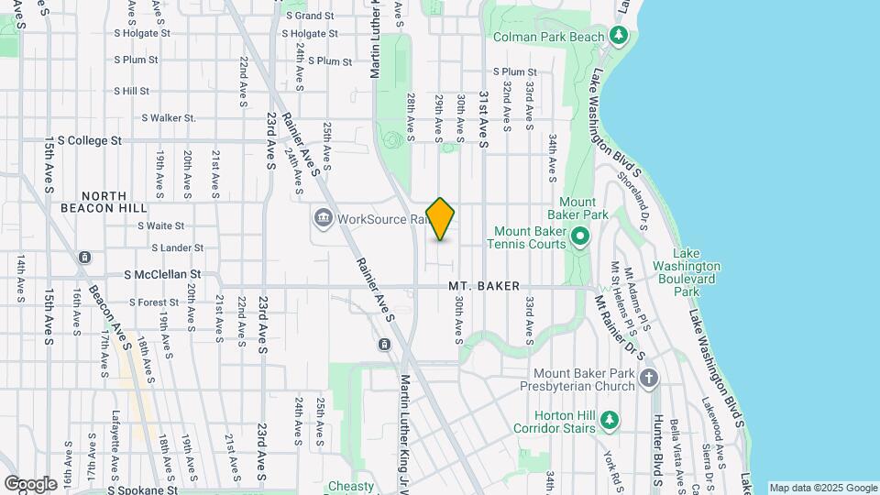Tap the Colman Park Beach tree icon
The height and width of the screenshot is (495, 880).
click(x=620, y=37)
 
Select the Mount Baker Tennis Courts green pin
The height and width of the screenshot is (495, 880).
click(x=579, y=237)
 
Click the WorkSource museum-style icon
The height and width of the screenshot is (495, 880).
click(x=323, y=219)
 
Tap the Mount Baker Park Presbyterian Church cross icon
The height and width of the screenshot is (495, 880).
click(x=649, y=379)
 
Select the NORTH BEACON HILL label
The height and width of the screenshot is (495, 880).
click(x=115, y=203)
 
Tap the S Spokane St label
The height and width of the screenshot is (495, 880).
click(x=143, y=490)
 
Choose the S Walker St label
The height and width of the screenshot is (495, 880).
click(x=169, y=117)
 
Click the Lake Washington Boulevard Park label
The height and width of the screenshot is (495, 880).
click(x=697, y=272)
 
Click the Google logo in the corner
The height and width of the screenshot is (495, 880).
click(x=30, y=483)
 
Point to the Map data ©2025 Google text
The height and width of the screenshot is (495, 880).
click(x=822, y=488)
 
